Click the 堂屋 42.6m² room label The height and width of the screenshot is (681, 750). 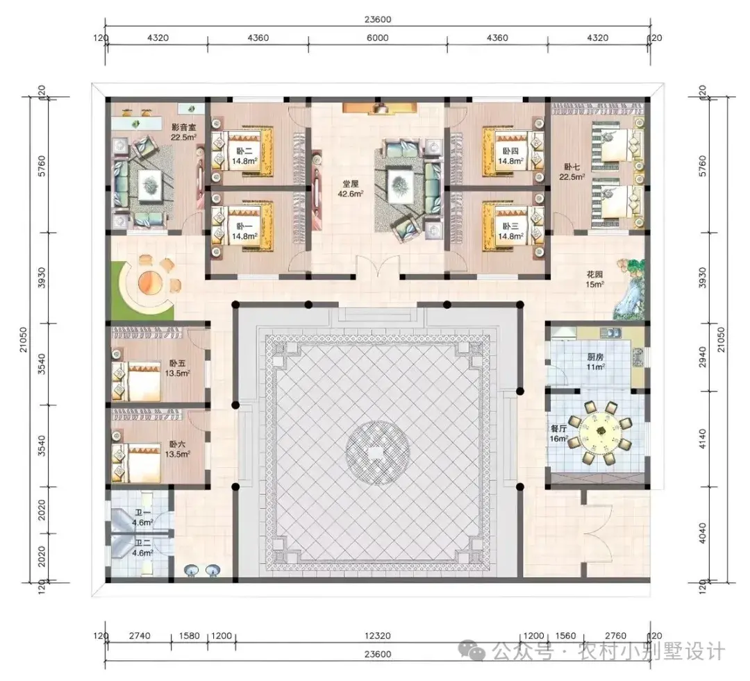[351, 189]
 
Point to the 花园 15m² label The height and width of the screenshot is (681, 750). [595, 279]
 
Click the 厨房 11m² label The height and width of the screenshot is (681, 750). [596, 362]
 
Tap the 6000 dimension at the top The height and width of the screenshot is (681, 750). [377, 37]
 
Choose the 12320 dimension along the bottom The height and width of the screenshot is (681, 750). [377, 636]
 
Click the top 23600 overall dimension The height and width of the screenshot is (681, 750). [377, 19]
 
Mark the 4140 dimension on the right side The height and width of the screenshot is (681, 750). [702, 439]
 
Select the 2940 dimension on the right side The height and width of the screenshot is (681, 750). [702, 357]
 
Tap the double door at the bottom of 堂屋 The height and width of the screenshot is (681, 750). [378, 268]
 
